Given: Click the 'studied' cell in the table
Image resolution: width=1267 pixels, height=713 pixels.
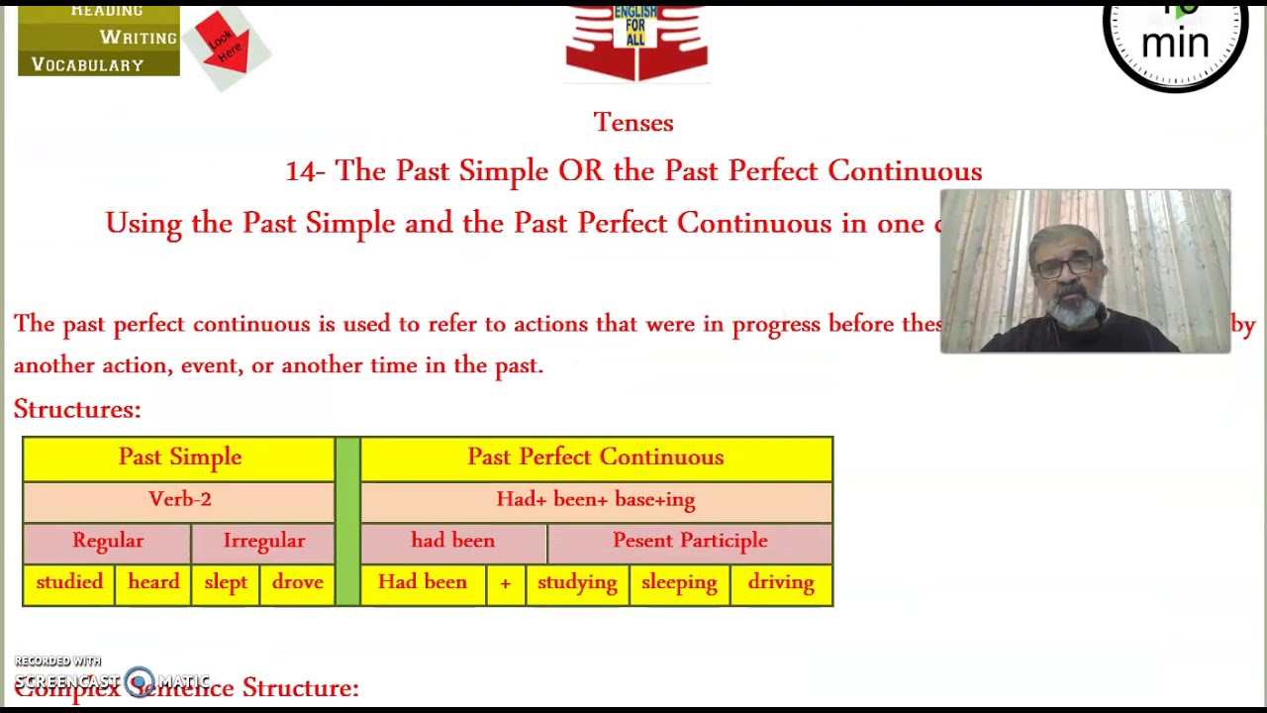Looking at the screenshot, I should click(69, 583).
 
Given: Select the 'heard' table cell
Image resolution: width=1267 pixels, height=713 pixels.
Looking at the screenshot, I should click(153, 583).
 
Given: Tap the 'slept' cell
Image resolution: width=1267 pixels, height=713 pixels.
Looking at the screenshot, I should click(226, 583).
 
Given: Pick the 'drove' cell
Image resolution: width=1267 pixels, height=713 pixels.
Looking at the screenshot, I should click(298, 583).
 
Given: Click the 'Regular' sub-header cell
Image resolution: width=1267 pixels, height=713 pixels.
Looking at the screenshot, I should click(108, 541).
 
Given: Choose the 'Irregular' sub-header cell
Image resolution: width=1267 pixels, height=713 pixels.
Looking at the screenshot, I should click(264, 541).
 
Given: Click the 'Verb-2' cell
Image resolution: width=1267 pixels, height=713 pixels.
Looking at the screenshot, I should click(179, 499).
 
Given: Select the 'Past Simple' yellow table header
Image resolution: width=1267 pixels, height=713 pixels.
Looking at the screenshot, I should click(179, 458).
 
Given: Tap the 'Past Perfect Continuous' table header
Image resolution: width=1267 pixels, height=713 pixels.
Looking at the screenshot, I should click(596, 458).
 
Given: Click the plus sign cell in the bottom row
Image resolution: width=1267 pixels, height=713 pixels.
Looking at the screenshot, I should click(506, 583).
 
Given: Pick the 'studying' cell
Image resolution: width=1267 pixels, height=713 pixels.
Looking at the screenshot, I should click(577, 583).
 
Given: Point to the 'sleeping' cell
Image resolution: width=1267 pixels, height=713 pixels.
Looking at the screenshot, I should click(679, 583).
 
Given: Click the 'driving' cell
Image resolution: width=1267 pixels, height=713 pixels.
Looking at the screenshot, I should click(781, 583).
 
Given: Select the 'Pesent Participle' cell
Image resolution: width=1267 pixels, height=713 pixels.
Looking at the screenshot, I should click(690, 541).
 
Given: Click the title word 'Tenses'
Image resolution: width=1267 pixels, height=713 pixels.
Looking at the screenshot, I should click(633, 123).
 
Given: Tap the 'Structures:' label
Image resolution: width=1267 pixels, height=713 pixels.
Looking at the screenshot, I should click(77, 409).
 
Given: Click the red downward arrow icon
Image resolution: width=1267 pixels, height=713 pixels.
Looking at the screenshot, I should click(224, 46).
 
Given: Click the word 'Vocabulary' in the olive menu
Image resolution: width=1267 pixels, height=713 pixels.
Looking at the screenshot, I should click(88, 65).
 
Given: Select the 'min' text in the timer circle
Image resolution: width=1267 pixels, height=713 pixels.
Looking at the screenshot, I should click(1175, 43).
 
